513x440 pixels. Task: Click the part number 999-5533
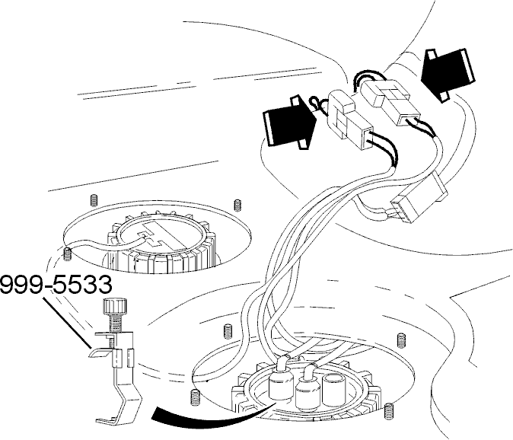point(56,285)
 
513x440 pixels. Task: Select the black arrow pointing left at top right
point(448,75)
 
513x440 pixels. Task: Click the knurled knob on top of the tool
point(114,307)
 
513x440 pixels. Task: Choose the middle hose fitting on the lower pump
point(307,388)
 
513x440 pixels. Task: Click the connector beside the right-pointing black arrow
point(351,120)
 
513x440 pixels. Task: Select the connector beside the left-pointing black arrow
point(390,102)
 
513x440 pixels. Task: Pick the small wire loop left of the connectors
point(317,105)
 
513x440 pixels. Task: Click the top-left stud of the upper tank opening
point(94,200)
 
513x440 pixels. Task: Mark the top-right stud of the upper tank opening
point(237,205)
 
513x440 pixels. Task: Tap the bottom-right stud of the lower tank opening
point(388,410)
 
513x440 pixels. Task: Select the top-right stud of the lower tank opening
point(401,340)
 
